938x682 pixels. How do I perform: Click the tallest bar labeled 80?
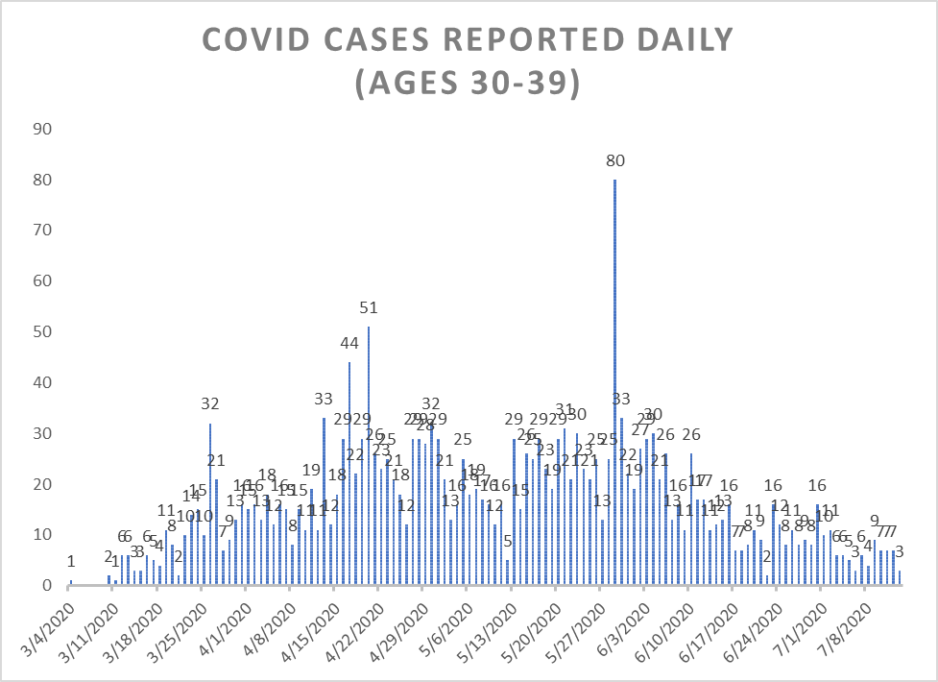click(x=614, y=384)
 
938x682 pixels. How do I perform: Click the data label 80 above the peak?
click(x=615, y=161)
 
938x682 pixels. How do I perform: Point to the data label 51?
click(x=369, y=308)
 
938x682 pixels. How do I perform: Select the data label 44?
click(x=349, y=344)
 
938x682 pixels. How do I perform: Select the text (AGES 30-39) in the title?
click(x=468, y=84)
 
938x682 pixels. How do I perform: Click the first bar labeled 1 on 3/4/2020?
click(x=70, y=582)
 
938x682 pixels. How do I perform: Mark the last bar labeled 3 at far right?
click(x=900, y=578)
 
